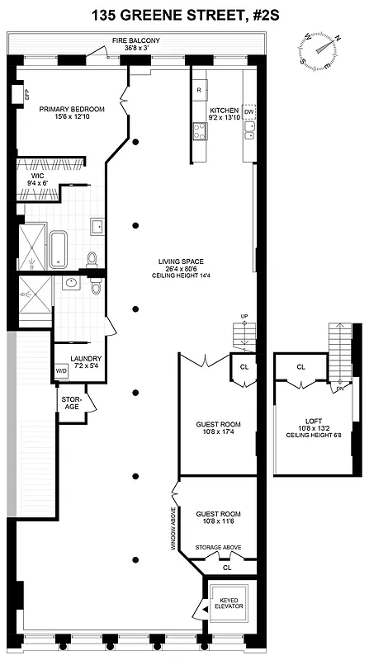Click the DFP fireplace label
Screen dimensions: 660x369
26,94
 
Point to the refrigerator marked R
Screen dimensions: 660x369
200,89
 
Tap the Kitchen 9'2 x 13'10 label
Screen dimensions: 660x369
224,115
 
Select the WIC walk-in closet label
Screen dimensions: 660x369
38,179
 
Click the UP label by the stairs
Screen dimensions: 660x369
244,317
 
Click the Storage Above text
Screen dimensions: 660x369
216,547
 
